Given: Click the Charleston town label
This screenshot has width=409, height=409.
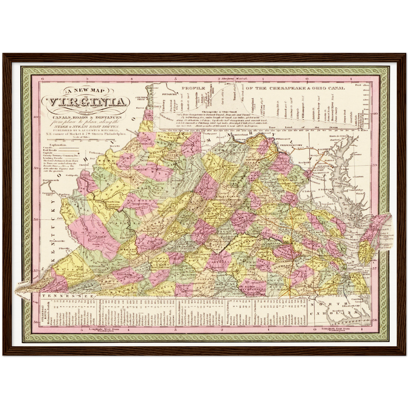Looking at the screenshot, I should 112,202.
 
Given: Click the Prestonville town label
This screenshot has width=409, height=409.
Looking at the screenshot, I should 57,241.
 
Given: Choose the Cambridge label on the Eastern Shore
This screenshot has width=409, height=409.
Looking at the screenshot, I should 356,190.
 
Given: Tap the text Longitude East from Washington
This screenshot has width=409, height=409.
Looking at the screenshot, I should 335,329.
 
